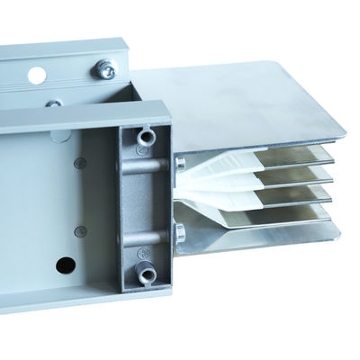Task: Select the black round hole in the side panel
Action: click(65, 265)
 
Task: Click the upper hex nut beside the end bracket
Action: click(180, 163)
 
